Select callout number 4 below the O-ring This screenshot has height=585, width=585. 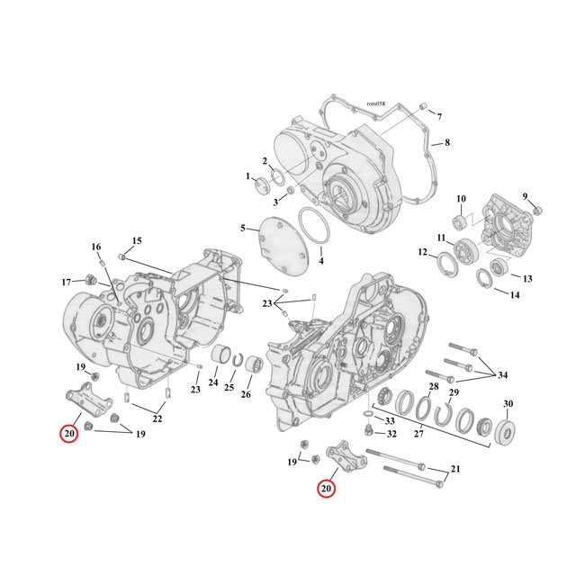point(320,261)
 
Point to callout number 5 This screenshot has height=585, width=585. point(242,229)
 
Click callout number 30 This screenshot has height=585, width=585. point(508,403)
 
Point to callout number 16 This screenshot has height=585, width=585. point(95,247)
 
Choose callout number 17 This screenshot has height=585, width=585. point(66,283)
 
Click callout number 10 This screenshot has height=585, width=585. point(460,199)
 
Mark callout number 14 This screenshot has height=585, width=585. point(515,295)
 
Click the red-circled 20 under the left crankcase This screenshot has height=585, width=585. point(68,434)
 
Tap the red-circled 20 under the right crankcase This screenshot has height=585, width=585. point(327,489)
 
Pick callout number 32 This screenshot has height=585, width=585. point(391,434)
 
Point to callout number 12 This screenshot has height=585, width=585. point(423,253)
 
